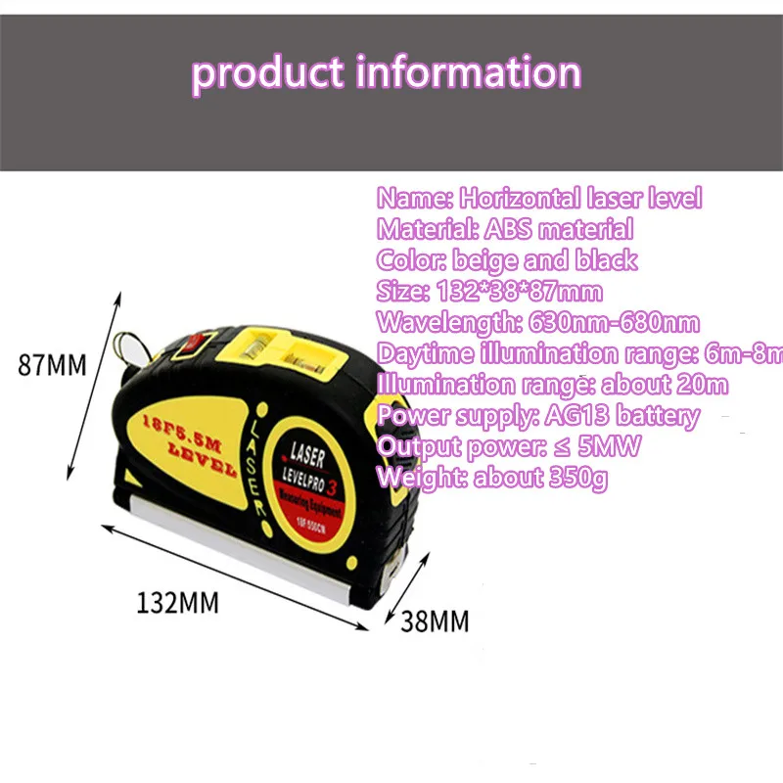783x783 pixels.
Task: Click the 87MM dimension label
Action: [53, 365]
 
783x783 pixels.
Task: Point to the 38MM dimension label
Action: [435, 620]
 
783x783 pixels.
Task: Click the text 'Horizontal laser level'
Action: [580, 199]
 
